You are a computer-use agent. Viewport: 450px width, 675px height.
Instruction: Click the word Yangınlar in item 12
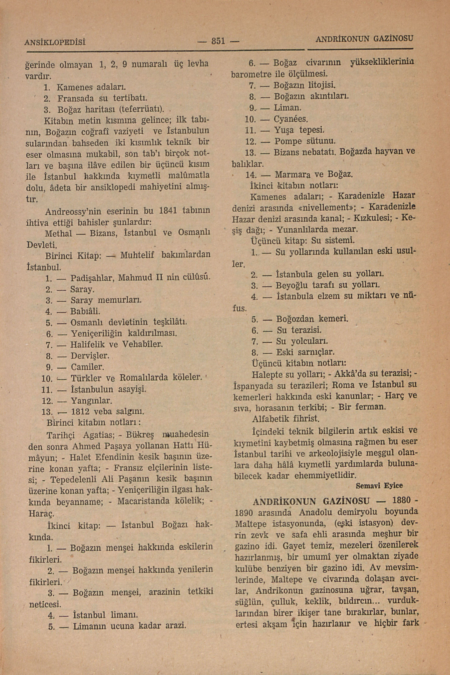91,400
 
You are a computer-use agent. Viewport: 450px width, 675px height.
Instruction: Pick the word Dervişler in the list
90,356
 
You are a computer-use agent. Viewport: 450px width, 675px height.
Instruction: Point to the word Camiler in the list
87,367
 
